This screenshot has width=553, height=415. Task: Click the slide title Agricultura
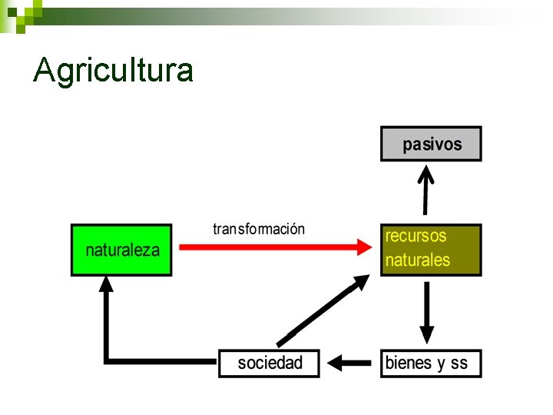[x=114, y=70]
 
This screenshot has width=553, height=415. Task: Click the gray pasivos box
[x=431, y=144]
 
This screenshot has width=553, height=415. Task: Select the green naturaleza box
[x=121, y=250]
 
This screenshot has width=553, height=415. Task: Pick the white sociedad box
[x=269, y=363]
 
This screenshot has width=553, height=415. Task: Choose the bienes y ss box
[x=431, y=363]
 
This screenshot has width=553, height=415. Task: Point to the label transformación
[x=259, y=229]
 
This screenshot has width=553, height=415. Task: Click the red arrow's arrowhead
[x=365, y=247]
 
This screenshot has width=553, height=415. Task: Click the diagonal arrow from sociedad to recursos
[x=323, y=311]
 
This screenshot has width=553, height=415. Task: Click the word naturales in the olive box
[x=417, y=261]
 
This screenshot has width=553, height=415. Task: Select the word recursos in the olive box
[x=416, y=236]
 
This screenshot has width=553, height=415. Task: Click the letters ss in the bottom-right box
[x=459, y=364]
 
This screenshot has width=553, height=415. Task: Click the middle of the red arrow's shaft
[x=269, y=247]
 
